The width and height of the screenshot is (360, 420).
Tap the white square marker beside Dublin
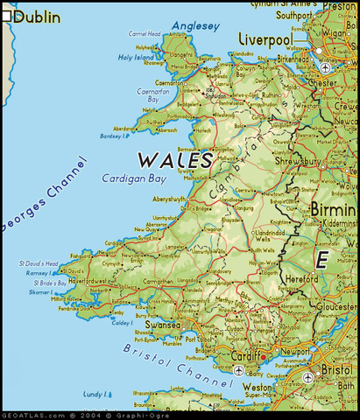(6, 16)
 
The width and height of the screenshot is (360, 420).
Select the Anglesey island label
(194, 26)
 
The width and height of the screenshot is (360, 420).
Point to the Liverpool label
(265, 40)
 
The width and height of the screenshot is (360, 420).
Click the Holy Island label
(136, 58)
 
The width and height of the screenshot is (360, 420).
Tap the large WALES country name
(174, 161)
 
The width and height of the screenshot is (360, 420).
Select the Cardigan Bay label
(134, 178)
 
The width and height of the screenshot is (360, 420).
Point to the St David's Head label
(39, 263)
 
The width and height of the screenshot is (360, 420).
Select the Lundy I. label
(94, 395)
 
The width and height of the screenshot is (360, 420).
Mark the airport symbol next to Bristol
(307, 378)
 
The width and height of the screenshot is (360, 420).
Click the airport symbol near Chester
(326, 67)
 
